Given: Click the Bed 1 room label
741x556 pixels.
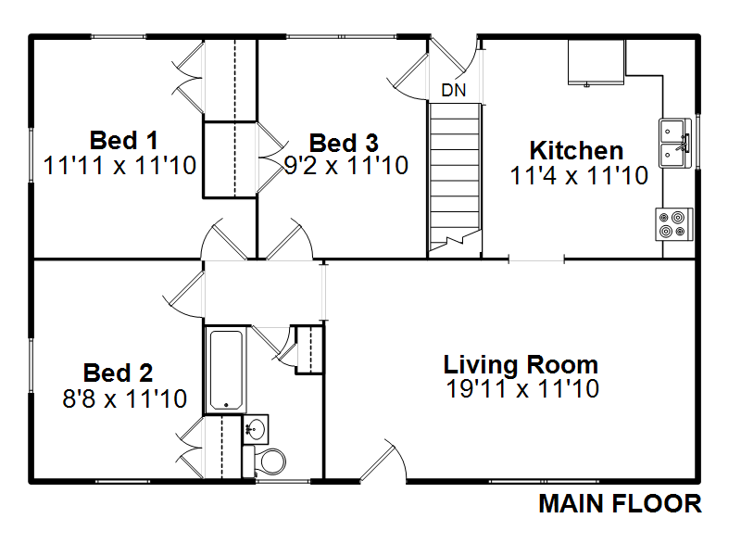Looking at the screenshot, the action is click(x=124, y=141).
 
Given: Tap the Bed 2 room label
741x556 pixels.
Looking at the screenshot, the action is click(x=119, y=373).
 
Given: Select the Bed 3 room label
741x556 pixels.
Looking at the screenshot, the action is click(x=344, y=144).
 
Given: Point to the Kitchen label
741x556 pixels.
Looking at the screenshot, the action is click(x=576, y=151).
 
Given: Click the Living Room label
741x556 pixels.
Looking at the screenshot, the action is click(x=521, y=365).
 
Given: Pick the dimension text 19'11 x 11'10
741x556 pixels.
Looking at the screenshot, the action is click(x=522, y=388).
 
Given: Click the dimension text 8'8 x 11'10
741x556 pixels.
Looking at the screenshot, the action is click(x=125, y=398).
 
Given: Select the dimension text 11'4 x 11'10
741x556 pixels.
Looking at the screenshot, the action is click(x=579, y=175).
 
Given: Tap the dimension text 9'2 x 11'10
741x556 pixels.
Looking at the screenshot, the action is click(x=346, y=166).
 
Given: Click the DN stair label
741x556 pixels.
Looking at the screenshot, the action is click(x=454, y=90).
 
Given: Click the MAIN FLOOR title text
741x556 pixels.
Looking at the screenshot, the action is click(x=620, y=503).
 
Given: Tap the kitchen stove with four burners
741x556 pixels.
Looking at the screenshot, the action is click(x=674, y=224).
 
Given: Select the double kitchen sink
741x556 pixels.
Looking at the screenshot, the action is click(x=675, y=144).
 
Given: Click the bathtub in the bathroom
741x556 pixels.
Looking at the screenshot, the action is click(x=226, y=369).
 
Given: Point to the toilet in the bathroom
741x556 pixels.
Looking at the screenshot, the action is click(x=264, y=461).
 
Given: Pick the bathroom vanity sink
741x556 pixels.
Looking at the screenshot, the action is click(x=256, y=429).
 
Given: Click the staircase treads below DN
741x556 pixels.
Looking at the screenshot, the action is click(x=455, y=178).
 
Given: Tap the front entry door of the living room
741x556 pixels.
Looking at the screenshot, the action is click(x=383, y=461).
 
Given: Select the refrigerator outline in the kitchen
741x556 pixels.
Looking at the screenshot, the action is click(x=597, y=62).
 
